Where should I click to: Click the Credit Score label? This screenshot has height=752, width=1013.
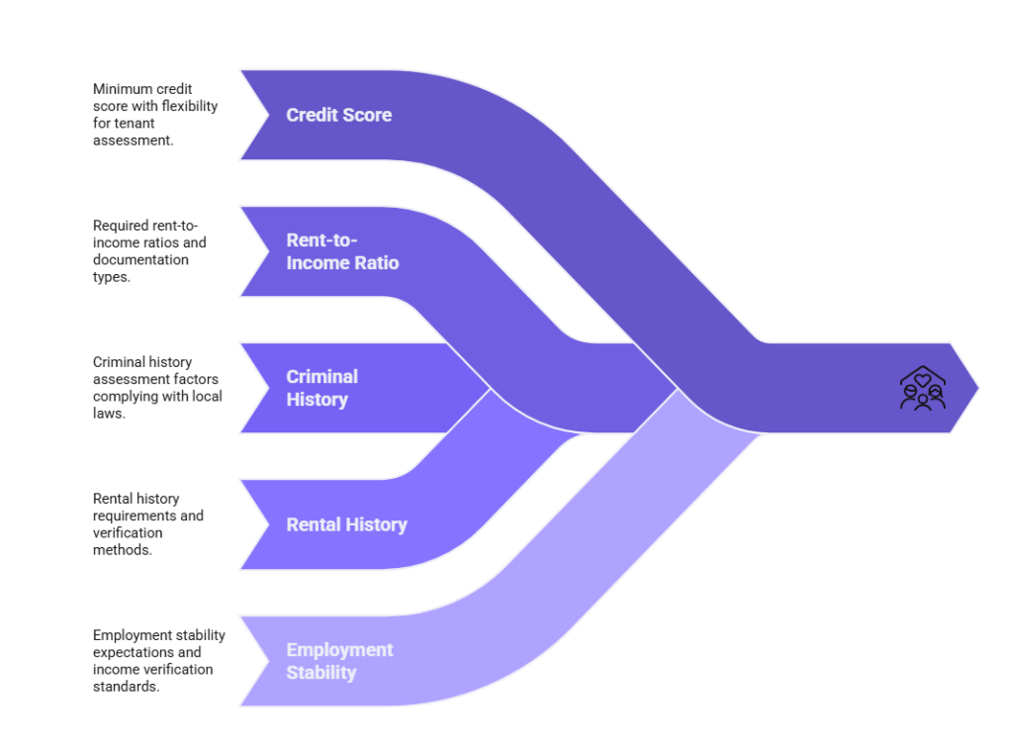click(338, 115)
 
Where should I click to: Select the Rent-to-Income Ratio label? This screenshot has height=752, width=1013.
click(342, 251)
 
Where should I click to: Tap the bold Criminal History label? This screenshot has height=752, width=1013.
click(322, 388)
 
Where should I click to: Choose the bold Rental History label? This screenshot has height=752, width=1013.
click(346, 525)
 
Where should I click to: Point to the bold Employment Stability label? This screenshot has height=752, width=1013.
click(339, 661)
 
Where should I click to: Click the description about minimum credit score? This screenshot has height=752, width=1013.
click(154, 115)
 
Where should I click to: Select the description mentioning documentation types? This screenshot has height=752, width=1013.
click(149, 251)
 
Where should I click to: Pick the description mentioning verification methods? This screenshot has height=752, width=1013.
click(148, 524)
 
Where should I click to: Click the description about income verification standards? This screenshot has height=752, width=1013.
click(158, 661)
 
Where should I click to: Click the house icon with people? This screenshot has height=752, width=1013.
click(922, 388)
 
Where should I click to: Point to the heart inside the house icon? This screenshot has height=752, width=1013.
click(922, 379)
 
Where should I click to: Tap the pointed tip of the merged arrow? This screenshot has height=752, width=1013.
click(978, 388)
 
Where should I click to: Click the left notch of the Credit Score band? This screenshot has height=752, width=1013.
click(265, 115)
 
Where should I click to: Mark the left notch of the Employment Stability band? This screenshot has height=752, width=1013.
click(265, 661)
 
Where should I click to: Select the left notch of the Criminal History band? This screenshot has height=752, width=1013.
click(265, 388)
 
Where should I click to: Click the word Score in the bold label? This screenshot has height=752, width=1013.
click(367, 115)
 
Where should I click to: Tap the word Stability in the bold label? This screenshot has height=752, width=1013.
click(322, 673)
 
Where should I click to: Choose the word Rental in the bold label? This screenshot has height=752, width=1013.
click(315, 525)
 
